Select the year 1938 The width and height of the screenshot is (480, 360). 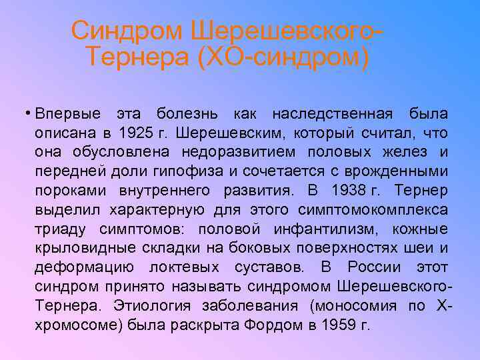pyautogui.click(x=349, y=191)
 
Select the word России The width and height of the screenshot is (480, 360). pyautogui.click(x=374, y=268)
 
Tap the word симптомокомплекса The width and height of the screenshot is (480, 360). pyautogui.click(x=376, y=210)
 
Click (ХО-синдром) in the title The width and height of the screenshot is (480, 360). pyautogui.click(x=283, y=57)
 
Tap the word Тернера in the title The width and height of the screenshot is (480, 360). pyautogui.click(x=137, y=57)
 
